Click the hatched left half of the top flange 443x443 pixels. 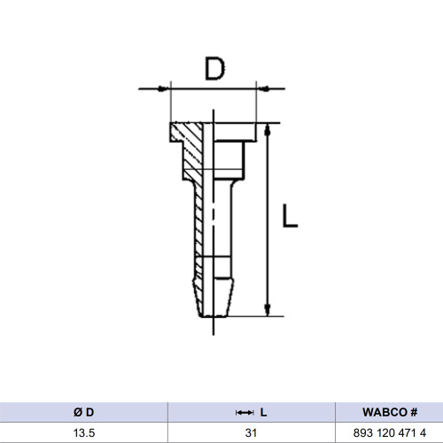pos(188,134)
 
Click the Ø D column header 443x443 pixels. pos(84,413)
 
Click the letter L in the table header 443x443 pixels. pos(263,413)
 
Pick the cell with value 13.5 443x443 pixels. pos(84,431)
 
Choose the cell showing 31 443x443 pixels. pos(253,431)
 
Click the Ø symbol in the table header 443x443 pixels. pos(78,413)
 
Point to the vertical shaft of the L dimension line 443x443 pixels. pos(268,221)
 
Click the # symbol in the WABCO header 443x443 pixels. pos(414,413)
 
